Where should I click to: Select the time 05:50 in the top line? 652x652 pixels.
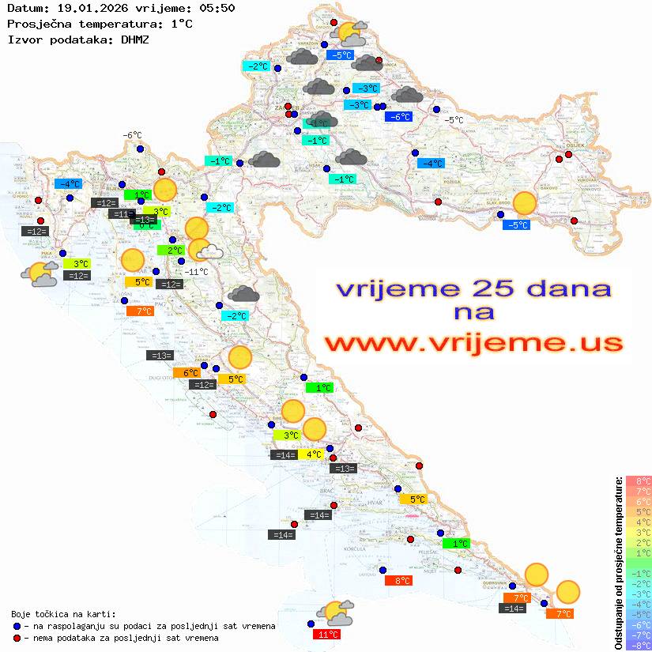[x=217, y=8]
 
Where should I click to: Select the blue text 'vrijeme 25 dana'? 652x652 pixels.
[x=473, y=289]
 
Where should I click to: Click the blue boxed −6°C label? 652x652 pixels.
[x=398, y=117]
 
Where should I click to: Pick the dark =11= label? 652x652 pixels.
[x=122, y=213]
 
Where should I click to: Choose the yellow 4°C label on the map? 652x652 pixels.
[x=312, y=454]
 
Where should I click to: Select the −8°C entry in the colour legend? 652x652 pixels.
[x=638, y=645]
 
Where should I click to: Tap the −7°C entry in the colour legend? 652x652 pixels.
[x=638, y=635]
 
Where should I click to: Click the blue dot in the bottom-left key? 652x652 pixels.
[x=17, y=625]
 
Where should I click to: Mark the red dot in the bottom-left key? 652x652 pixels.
[x=17, y=637]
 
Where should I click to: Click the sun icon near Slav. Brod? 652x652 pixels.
[x=524, y=203]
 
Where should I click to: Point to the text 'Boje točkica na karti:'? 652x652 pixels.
[x=63, y=613]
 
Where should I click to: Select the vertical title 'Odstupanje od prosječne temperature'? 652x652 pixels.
[x=619, y=562]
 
